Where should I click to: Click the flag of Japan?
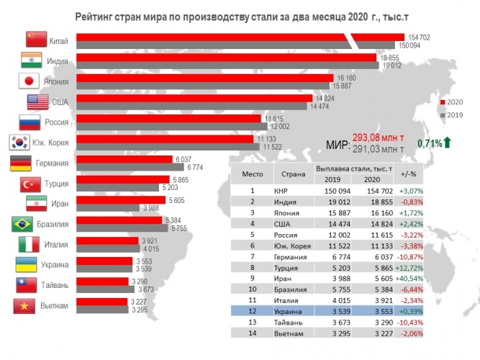click(29, 81)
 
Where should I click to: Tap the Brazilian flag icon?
click(22, 224)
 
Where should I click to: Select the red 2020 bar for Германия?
click(124, 159)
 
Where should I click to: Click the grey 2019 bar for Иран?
click(108, 208)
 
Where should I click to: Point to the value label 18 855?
click(389, 58)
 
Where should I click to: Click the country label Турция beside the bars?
click(56, 184)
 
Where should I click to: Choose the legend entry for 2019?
click(451, 115)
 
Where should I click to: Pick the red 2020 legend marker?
click(443, 102)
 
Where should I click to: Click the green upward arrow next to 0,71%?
click(447, 143)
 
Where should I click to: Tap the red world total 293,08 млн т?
click(378, 138)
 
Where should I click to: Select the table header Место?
click(253, 174)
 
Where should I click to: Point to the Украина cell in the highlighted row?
click(288, 312)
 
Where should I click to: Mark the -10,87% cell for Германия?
click(410, 257)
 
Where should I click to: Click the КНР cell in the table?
click(281, 191)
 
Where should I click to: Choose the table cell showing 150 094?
click(338, 191)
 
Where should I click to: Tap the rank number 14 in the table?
click(253, 333)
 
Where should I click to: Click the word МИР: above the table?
click(338, 144)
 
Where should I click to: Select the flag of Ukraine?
click(27, 265)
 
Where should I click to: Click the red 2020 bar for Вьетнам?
click(102, 302)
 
